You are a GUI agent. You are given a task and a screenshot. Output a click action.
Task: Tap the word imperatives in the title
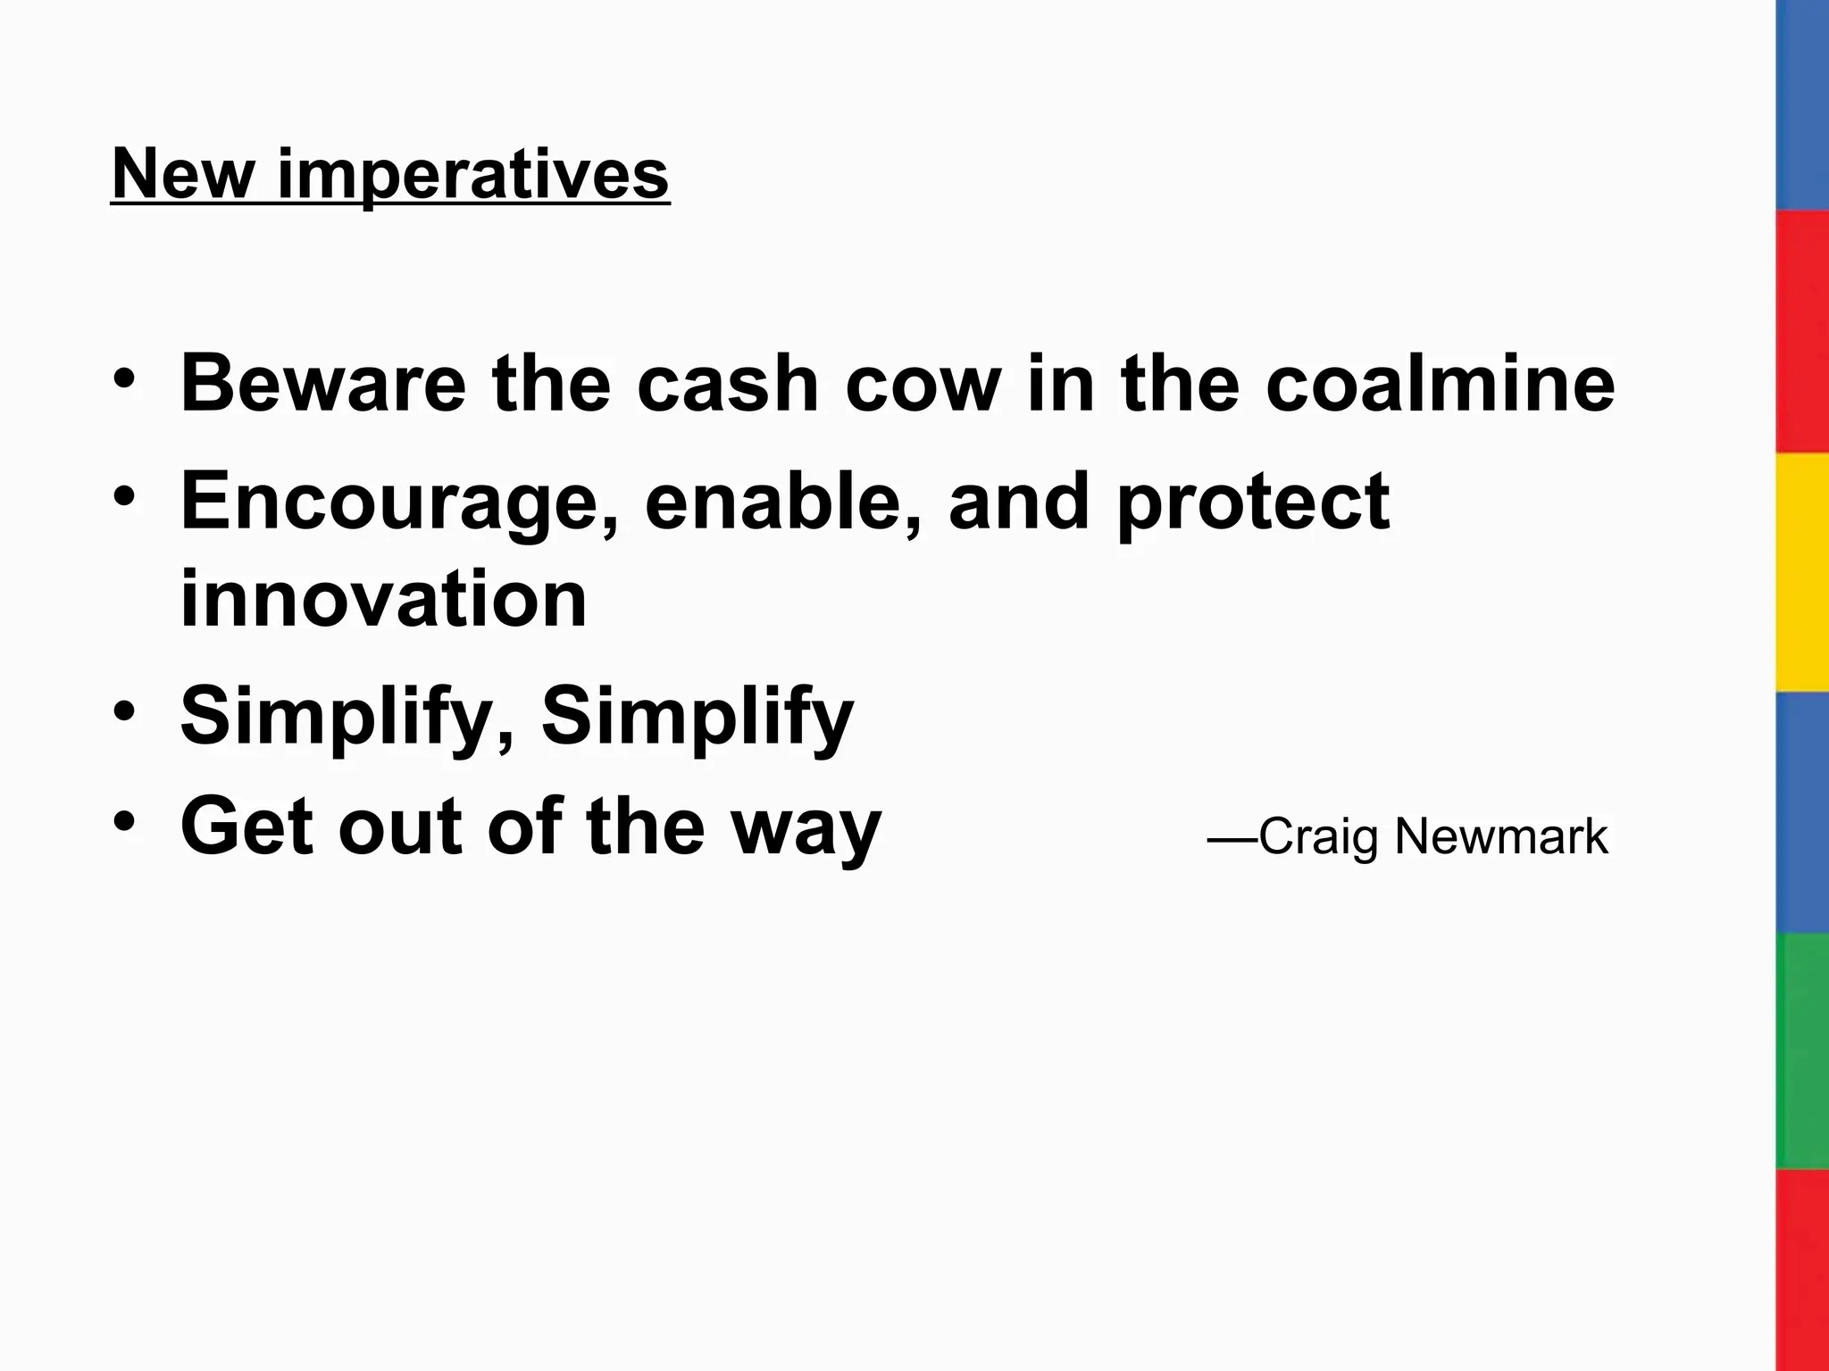472,175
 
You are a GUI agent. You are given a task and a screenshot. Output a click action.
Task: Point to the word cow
923,386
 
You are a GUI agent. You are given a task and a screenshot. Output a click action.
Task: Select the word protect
1253,502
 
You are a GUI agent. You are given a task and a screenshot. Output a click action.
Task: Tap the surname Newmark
1500,837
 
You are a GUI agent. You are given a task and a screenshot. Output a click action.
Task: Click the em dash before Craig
1232,839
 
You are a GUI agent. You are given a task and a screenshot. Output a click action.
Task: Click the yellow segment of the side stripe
1801,571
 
